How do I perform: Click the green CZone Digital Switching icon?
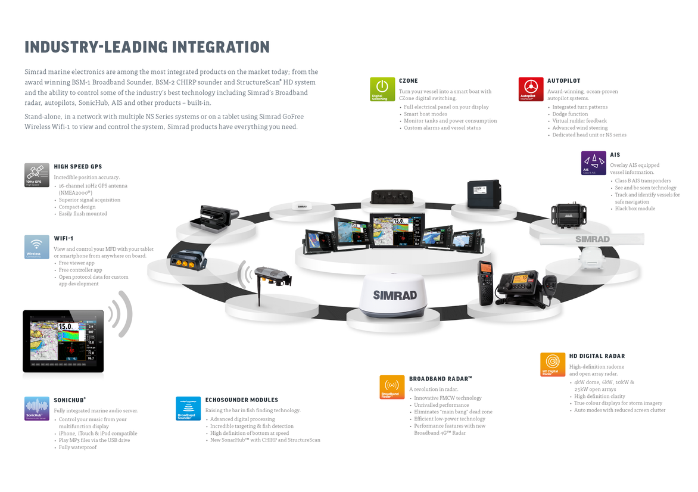tap(382, 89)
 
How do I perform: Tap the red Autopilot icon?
tap(530, 89)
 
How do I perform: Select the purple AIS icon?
tap(594, 163)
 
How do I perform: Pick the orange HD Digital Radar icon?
tap(553, 365)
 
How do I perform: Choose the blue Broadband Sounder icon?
tap(188, 409)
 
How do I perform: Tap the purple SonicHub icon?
tap(37, 409)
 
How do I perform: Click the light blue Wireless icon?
tap(37, 247)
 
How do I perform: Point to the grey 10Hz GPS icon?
tap(37, 175)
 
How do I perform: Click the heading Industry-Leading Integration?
tap(147, 47)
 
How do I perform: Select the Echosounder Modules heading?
tap(242, 400)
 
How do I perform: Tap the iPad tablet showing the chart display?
tap(63, 341)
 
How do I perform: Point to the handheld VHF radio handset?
tap(485, 282)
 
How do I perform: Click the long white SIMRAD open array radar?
tap(591, 239)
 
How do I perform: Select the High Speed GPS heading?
tap(78, 167)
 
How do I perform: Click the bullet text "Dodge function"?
tap(570, 114)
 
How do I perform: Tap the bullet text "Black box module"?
tap(635, 208)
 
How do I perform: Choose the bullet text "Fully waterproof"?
tap(77, 447)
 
